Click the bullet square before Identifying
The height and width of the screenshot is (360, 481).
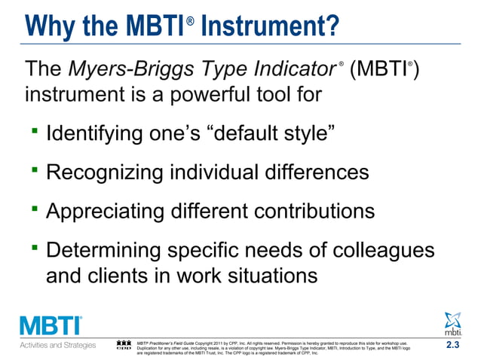(35, 133)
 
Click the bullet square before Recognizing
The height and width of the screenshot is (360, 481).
(35, 169)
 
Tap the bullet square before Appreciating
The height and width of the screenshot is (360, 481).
(35, 208)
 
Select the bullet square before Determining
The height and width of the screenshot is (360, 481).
(35, 246)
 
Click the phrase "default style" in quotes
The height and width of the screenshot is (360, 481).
(271, 136)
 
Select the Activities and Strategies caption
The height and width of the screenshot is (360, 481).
(57, 346)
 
